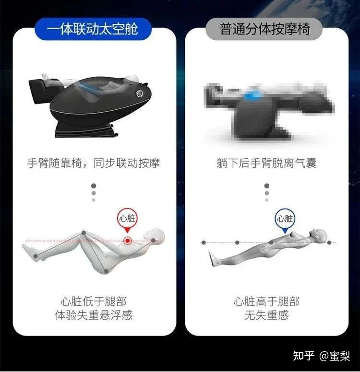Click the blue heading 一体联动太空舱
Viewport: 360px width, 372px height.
pyautogui.click(x=93, y=29)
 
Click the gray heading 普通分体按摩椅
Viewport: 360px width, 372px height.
pyautogui.click(x=264, y=29)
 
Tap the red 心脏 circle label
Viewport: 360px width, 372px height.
pyautogui.click(x=127, y=218)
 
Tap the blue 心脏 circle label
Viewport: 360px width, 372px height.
pyautogui.click(x=285, y=219)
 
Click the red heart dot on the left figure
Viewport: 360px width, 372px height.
pyautogui.click(x=128, y=241)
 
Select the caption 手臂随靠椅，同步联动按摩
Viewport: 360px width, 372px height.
pyautogui.click(x=94, y=163)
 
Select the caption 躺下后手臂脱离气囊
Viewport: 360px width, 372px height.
pyautogui.click(x=266, y=163)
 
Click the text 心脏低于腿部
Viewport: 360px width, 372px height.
pyautogui.click(x=94, y=302)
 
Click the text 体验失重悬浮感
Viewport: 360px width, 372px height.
pyautogui.click(x=94, y=315)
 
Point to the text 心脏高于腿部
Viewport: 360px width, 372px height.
pyautogui.click(x=266, y=302)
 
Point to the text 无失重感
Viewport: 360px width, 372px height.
pyautogui.click(x=266, y=315)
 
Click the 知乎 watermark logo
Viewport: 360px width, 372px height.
pyautogui.click(x=303, y=356)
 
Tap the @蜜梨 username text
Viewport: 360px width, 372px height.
pyautogui.click(x=335, y=356)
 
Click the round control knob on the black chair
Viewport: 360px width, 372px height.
pyautogui.click(x=140, y=93)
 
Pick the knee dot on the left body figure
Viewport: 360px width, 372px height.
pyautogui.click(x=84, y=233)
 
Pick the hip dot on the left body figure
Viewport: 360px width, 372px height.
pyautogui.click(x=107, y=271)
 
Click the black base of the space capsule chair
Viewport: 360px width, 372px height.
pyautogui.click(x=86, y=130)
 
